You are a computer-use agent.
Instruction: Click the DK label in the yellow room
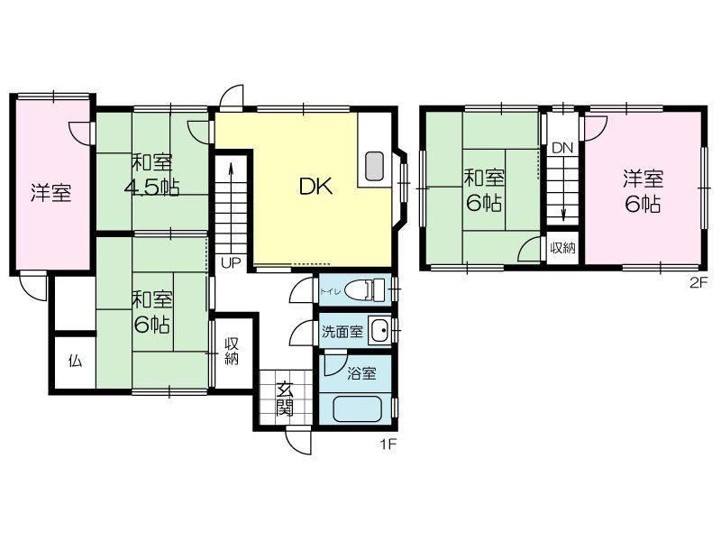(315, 187)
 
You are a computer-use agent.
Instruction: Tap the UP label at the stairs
(231, 262)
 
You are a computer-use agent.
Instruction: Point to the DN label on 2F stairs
(562, 148)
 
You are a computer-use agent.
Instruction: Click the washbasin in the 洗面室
(379, 330)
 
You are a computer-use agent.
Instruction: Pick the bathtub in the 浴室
(358, 409)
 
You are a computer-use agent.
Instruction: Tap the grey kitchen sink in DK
(374, 166)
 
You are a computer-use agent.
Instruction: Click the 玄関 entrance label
(285, 399)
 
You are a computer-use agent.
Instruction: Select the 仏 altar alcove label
(76, 362)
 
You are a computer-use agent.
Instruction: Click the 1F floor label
(388, 445)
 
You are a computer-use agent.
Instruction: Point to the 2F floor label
(697, 283)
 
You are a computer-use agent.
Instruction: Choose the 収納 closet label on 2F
(562, 248)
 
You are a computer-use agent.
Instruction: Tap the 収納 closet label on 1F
(232, 352)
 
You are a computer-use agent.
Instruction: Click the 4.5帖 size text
(151, 187)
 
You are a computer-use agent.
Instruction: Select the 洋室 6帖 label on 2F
(643, 191)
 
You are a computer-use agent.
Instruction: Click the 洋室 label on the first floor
(51, 193)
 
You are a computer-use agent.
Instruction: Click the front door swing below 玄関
(299, 442)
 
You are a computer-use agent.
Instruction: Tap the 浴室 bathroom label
(362, 373)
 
